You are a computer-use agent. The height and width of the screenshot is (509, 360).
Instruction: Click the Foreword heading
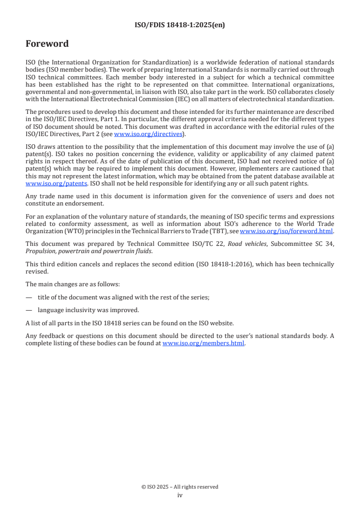coord(47,44)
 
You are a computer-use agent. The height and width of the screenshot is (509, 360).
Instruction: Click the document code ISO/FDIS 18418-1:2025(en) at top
coord(180,25)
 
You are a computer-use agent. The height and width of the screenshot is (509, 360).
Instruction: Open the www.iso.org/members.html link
coord(203,343)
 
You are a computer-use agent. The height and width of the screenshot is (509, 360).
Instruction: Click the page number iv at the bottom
coord(180,495)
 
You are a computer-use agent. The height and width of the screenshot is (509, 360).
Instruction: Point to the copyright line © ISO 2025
coord(180,487)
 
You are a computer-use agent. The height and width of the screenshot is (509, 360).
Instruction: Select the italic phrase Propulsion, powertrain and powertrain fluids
coord(89,250)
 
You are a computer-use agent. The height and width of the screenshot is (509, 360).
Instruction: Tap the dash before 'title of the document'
coord(29,297)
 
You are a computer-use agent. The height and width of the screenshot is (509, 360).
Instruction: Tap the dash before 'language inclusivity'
coord(29,310)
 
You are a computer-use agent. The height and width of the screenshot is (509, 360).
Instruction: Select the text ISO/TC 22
coord(212,244)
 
